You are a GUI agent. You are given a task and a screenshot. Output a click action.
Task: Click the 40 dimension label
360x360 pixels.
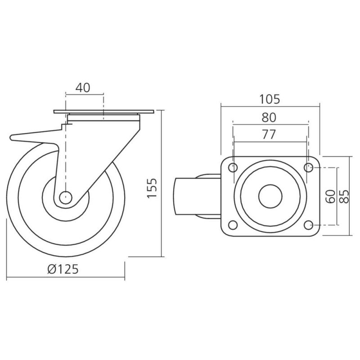pos(83,88)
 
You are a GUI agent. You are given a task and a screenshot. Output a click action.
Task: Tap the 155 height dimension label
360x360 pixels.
pos(152,188)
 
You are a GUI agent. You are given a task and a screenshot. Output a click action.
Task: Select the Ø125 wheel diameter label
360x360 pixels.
pos(63,269)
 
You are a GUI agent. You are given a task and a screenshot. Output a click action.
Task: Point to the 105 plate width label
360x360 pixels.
pos(270,99)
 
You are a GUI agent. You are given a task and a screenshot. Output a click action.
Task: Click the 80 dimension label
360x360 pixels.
pos(269,117)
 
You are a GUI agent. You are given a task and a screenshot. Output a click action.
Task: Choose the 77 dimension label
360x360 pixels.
pos(269,135)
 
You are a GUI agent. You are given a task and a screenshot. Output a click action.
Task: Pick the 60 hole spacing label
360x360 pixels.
pos(331,197)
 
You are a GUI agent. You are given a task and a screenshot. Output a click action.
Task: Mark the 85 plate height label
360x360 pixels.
pos(344,197)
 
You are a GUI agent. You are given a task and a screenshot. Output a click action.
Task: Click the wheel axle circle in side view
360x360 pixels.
pos(66,198)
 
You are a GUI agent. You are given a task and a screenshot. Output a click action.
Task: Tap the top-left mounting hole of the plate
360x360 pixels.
pos(233,167)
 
